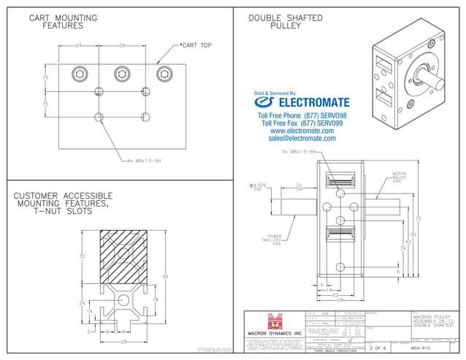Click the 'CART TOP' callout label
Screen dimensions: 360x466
(x=196, y=45)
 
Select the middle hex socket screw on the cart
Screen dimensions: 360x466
(x=122, y=73)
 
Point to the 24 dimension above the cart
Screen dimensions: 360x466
(x=78, y=45)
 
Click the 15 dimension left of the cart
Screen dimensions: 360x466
(x=45, y=104)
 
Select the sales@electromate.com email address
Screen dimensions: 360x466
(x=302, y=138)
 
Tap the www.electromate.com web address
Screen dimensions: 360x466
(x=302, y=131)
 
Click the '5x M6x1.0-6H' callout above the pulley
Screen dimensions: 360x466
(x=298, y=152)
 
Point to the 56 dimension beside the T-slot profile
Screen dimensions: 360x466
(x=165, y=277)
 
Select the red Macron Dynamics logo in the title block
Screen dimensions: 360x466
(x=275, y=322)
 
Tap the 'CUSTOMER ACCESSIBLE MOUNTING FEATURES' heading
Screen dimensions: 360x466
(x=63, y=204)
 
